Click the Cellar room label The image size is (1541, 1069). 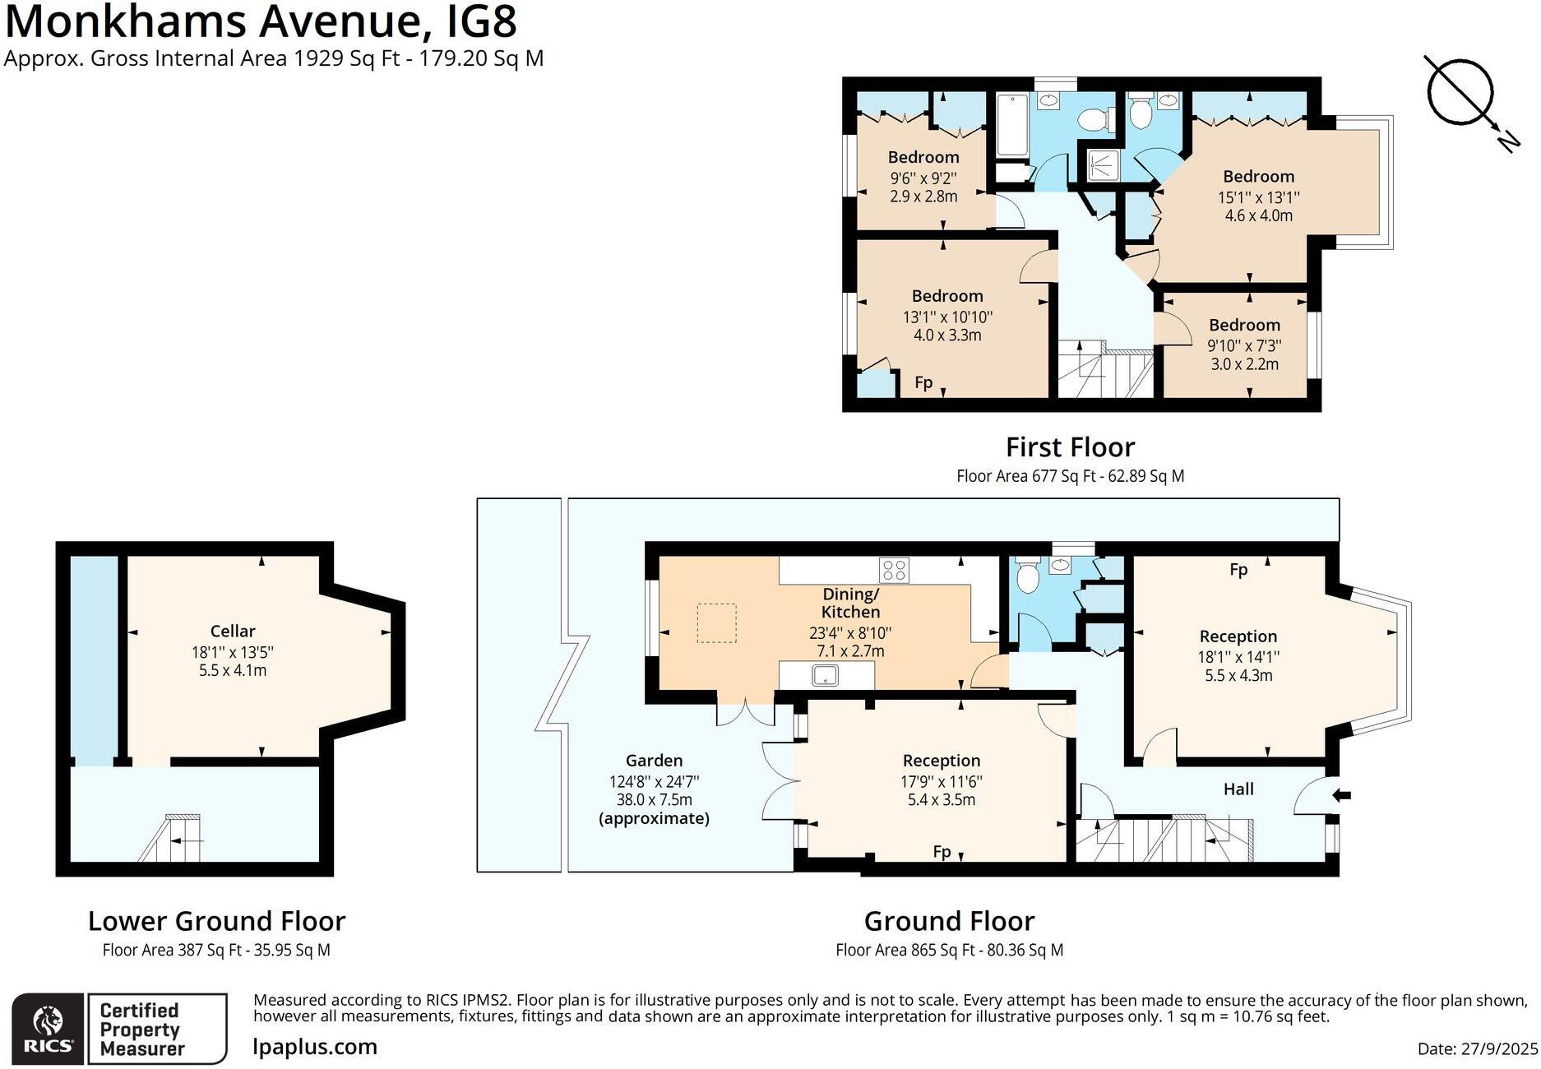point(233,631)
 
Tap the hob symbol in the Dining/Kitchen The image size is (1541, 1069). point(894,569)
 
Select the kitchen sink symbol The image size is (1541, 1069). point(826,675)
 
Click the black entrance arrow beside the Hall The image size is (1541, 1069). point(1341,794)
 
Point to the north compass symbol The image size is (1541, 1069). point(1461,92)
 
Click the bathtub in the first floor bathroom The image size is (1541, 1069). point(1011,125)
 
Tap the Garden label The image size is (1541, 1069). point(654,761)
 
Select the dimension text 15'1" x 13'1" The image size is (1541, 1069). point(1258,197)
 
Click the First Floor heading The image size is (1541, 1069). point(1070,447)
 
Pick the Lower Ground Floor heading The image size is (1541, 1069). point(216,921)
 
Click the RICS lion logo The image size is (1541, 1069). point(47,1022)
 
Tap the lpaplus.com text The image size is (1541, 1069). point(315,1047)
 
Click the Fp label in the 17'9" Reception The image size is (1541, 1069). point(942,852)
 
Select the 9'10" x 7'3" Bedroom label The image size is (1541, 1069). point(1244,325)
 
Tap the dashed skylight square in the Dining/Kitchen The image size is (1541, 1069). point(716,622)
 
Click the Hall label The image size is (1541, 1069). point(1238,789)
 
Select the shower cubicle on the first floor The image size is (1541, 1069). point(1102,164)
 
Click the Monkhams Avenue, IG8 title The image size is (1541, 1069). point(261,21)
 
